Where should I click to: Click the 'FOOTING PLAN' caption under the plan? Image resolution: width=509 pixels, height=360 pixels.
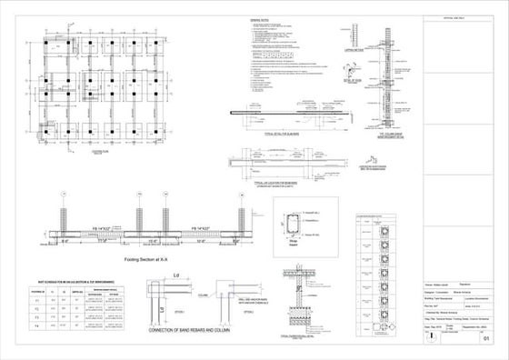[x=98, y=152]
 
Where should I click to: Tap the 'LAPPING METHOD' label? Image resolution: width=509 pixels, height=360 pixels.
[x=354, y=52]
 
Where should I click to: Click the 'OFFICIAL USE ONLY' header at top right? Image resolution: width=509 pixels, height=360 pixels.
[x=453, y=16]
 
